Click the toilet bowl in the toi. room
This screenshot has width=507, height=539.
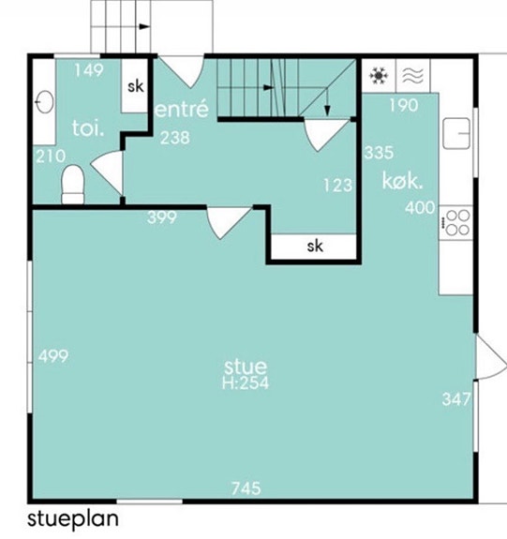(72, 185)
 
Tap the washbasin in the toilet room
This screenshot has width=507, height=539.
(45, 102)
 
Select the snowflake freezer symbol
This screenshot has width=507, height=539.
(379, 76)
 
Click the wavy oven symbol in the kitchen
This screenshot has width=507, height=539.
(412, 76)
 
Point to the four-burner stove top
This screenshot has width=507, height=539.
(456, 222)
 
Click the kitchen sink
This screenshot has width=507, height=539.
(456, 133)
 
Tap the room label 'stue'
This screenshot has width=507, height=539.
(246, 367)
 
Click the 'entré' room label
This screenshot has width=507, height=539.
(182, 109)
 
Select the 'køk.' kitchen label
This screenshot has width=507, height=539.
(402, 181)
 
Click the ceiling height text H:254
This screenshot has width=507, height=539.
(246, 383)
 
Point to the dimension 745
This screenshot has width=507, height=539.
(246, 488)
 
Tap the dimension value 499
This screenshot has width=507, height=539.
(53, 356)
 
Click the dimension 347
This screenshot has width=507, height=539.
(456, 399)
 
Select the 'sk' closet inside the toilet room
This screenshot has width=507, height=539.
(136, 86)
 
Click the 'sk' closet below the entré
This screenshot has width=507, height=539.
(315, 247)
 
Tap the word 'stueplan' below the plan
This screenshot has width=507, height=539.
(73, 518)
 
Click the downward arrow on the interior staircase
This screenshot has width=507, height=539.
(327, 102)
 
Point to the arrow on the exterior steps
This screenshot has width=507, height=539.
(144, 26)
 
